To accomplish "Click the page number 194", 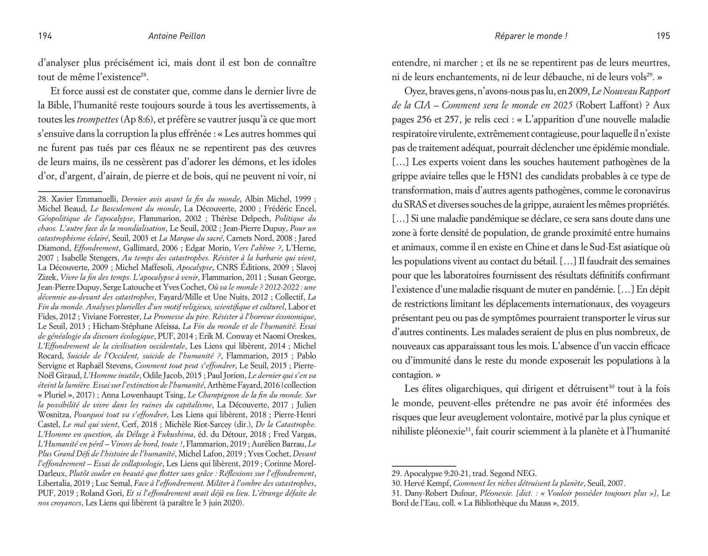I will coord(45,36).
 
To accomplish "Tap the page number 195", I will coord(663,36).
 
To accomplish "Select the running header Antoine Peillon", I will coord(177,36).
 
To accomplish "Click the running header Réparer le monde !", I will coord(531,36).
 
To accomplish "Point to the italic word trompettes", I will coord(97,119).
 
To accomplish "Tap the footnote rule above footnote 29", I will coord(424,466).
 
